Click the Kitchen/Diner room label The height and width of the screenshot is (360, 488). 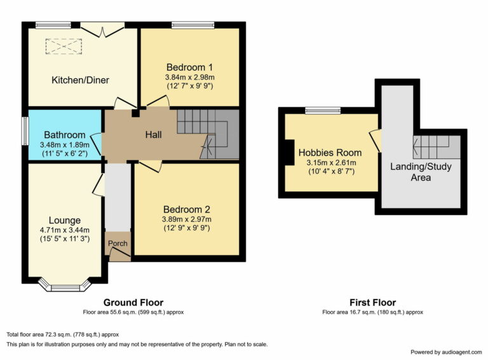click(80, 80)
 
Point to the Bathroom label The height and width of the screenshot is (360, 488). click(64, 135)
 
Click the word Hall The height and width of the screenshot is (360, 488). click(153, 135)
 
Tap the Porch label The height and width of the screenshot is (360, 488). click(118, 244)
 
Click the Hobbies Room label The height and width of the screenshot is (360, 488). click(330, 153)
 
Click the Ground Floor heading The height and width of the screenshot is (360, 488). click(133, 303)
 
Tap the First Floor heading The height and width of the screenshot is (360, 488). click(372, 303)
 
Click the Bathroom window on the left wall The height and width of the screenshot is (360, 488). click(25, 135)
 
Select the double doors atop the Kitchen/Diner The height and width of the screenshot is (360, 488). click(103, 28)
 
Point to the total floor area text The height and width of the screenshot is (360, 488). click(62, 334)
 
